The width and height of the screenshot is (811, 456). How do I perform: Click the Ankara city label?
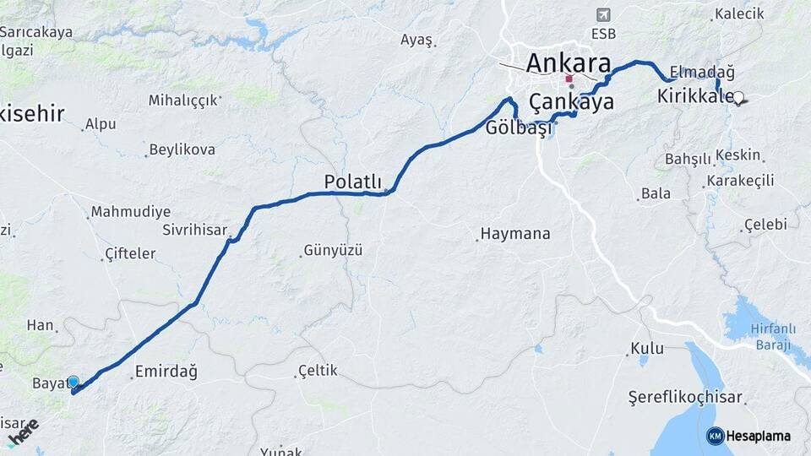[569, 62]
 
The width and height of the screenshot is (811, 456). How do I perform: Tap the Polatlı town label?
[353, 182]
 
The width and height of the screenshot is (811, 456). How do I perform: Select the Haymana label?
[514, 234]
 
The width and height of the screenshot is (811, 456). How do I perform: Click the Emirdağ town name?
[166, 370]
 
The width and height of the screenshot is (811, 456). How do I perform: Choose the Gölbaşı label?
[519, 128]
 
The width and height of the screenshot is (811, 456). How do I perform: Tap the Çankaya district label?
[571, 102]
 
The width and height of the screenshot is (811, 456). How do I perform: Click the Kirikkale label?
[694, 97]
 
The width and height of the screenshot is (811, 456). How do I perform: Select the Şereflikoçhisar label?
[685, 397]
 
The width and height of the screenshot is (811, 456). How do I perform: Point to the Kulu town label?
[647, 348]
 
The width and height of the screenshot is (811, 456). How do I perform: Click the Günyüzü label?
[333, 250]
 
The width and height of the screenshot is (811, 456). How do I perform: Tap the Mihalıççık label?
[183, 100]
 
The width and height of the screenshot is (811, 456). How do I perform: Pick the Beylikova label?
[182, 149]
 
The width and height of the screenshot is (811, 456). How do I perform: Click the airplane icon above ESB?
[602, 15]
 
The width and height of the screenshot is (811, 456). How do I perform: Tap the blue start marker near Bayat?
[73, 383]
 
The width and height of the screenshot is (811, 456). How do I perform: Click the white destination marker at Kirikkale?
[739, 98]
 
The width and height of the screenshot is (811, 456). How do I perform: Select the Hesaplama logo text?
[757, 436]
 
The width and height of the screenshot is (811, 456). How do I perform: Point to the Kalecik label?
[738, 14]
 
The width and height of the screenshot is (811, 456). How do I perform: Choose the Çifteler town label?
[130, 253]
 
